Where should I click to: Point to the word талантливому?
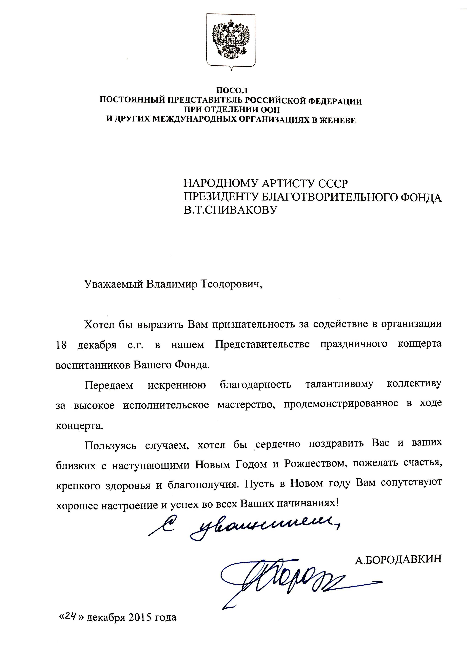point(339,384)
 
